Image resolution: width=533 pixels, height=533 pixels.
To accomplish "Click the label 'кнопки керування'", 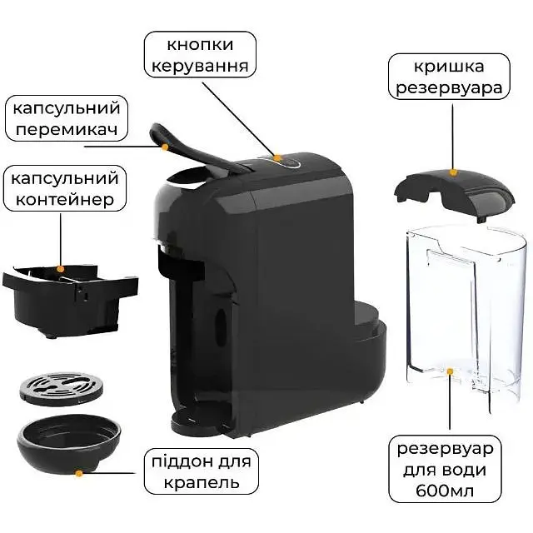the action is pyautogui.click(x=200, y=54).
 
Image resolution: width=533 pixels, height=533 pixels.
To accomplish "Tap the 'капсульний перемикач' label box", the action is pyautogui.click(x=67, y=118).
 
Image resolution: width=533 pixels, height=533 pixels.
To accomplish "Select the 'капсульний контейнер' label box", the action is pyautogui.click(x=65, y=189).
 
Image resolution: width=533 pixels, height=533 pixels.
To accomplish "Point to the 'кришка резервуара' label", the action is pyautogui.click(x=449, y=77).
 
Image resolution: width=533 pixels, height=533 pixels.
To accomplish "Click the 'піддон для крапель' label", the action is pyautogui.click(x=202, y=471).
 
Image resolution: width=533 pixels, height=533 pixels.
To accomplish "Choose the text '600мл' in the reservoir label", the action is pyautogui.click(x=445, y=491).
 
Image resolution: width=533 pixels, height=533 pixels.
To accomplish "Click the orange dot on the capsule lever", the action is pyautogui.click(x=165, y=147).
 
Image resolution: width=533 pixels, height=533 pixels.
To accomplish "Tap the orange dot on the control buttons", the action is pyautogui.click(x=277, y=157).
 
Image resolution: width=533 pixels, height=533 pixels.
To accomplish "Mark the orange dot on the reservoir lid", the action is pyautogui.click(x=452, y=172).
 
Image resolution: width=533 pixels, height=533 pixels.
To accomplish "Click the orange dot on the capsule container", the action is pyautogui.click(x=61, y=269).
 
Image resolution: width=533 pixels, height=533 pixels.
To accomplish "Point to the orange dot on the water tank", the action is pyautogui.click(x=450, y=371).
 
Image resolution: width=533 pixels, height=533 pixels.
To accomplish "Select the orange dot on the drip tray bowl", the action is pyautogui.click(x=79, y=473).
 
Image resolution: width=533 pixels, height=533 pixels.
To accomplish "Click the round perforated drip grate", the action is pyautogui.click(x=61, y=389).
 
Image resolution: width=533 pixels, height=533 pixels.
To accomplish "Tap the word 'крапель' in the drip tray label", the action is pyautogui.click(x=202, y=483).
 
